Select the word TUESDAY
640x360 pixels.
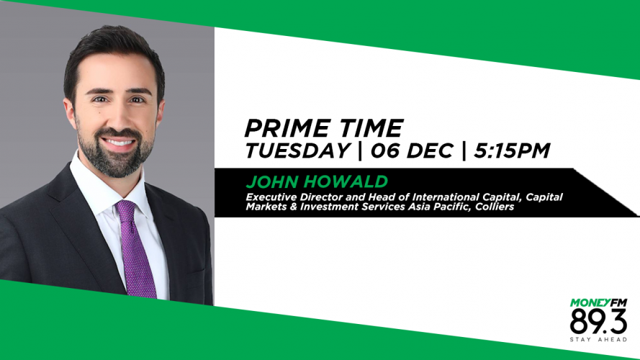coord(297,150)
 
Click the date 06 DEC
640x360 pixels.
coord(412,150)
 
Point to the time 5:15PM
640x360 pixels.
coord(512,150)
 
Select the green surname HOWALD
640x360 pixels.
coord(346,181)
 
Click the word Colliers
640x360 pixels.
coord(495,207)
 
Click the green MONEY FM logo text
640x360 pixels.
coord(598,303)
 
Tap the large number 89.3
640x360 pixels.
coord(598,321)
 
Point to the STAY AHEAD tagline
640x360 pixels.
coord(598,340)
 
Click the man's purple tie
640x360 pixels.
coord(135,249)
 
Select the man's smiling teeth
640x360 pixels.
coord(118,143)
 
